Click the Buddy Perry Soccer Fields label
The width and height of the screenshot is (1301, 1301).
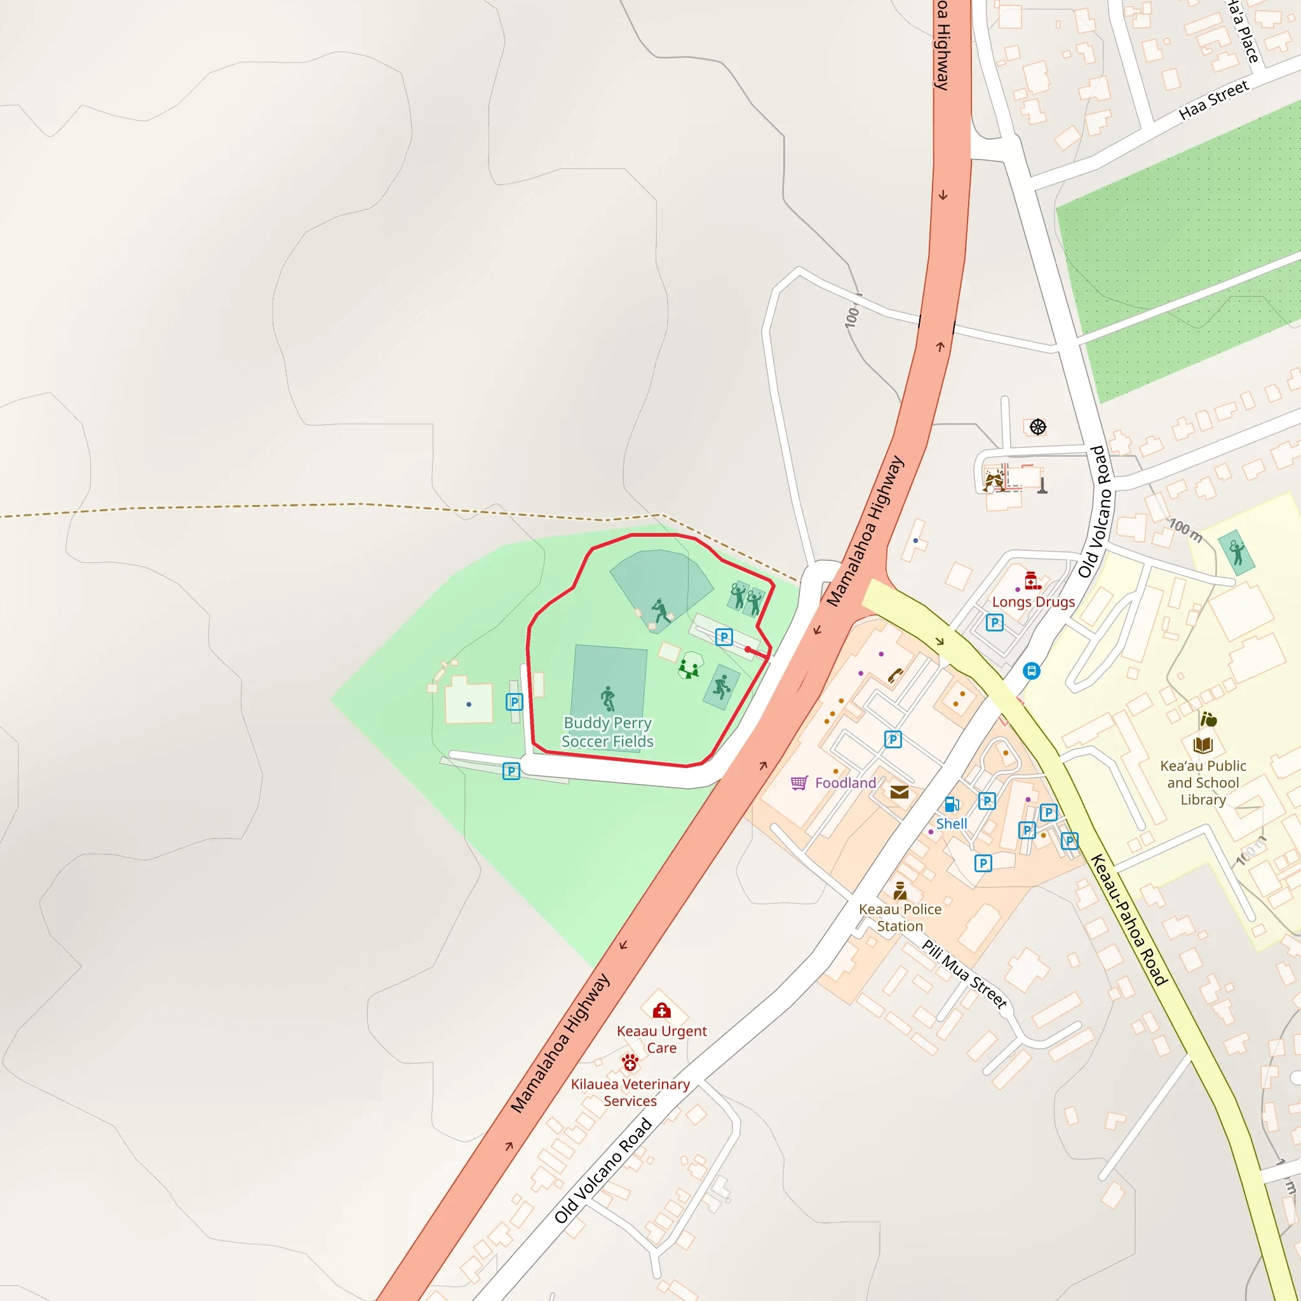[607, 732]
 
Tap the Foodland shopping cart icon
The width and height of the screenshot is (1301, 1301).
[799, 783]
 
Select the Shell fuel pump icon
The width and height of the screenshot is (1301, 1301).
[952, 804]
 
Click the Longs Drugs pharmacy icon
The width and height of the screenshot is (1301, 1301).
[1032, 581]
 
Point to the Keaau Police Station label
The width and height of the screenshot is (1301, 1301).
[900, 917]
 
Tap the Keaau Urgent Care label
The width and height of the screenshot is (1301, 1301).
[661, 1039]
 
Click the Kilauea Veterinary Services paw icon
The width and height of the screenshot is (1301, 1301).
[630, 1063]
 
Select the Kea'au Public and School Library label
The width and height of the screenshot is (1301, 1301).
[1203, 783]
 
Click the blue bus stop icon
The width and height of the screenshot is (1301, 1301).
[1031, 671]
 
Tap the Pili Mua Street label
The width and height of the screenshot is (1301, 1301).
[964, 974]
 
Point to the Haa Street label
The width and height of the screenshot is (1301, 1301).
[1213, 100]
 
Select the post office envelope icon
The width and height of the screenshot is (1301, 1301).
[899, 792]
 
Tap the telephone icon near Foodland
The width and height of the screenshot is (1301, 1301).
[895, 675]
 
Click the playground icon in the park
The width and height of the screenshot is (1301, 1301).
[688, 669]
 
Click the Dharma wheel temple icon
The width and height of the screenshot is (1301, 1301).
[1038, 427]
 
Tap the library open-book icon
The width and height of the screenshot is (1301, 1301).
[1203, 745]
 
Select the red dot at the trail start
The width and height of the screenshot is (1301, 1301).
[748, 650]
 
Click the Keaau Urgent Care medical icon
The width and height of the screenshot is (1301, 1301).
[661, 1010]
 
